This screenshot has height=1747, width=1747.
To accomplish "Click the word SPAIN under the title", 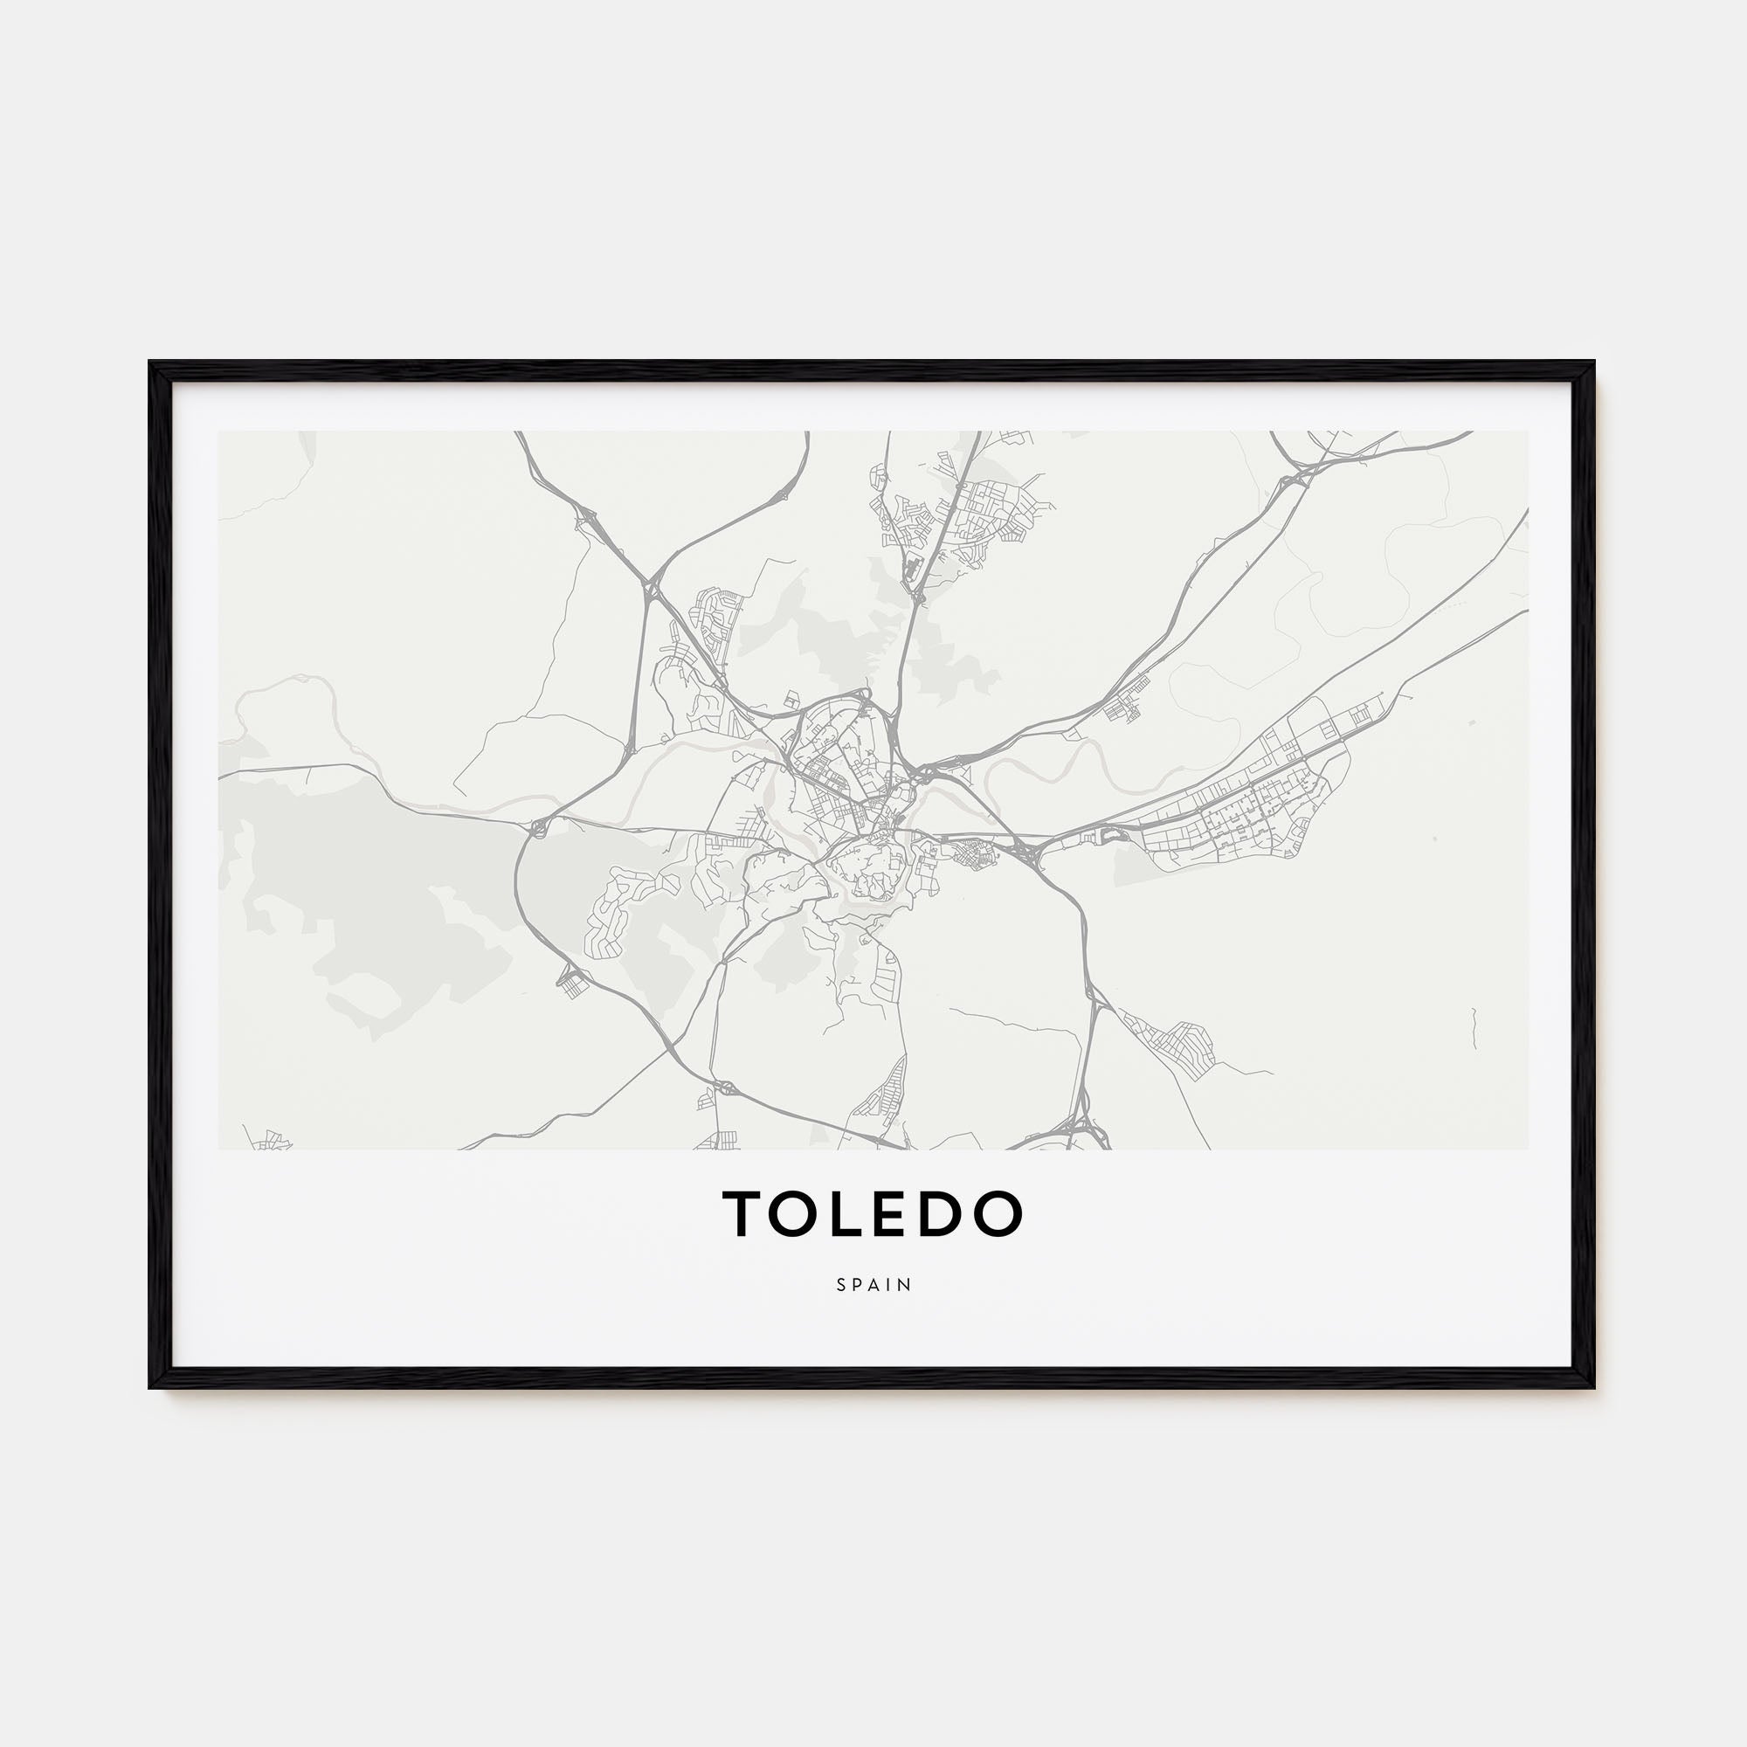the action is click(873, 1285).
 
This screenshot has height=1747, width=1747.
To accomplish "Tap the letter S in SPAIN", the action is click(842, 1285).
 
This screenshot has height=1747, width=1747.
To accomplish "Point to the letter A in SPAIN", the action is click(874, 1285).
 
